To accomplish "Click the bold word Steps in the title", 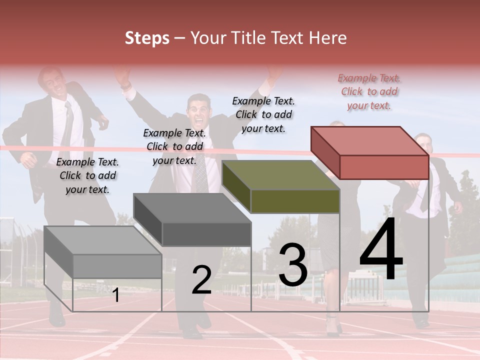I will pyautogui.click(x=147, y=38).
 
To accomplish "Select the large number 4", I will pyautogui.click(x=381, y=249).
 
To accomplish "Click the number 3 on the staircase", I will pyautogui.click(x=293, y=265).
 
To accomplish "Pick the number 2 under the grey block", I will pyautogui.click(x=201, y=280).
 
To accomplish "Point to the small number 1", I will pyautogui.click(x=115, y=295).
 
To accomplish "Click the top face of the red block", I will pyautogui.click(x=369, y=141).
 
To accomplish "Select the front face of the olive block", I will pyautogui.click(x=295, y=201).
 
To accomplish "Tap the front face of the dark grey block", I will pyautogui.click(x=206, y=234).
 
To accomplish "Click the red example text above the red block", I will pyautogui.click(x=369, y=91).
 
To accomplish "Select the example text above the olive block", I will pyautogui.click(x=263, y=114).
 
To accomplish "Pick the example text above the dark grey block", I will pyautogui.click(x=174, y=146).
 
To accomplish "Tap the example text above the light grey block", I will pyautogui.click(x=87, y=175).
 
